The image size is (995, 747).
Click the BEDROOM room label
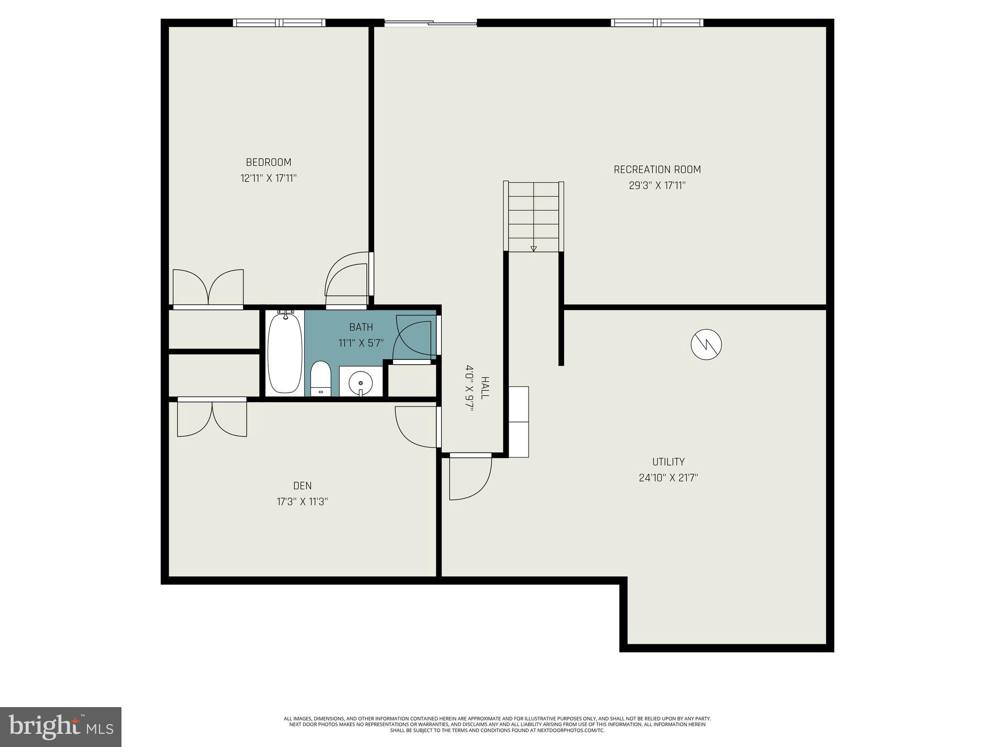tap(268, 162)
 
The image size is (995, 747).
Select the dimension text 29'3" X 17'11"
tap(657, 186)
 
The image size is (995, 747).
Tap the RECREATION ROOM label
tap(657, 170)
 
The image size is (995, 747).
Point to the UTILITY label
tap(668, 462)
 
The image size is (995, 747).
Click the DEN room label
tap(302, 485)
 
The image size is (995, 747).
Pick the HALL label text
tap(485, 388)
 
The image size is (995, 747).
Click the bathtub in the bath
tap(285, 353)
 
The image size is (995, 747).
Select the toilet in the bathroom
tap(320, 378)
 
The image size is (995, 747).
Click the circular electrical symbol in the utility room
tap(706, 345)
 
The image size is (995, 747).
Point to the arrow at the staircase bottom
tap(533, 249)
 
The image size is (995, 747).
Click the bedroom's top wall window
tap(279, 23)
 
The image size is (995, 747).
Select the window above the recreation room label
tap(657, 23)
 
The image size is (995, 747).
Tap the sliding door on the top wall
tap(430, 22)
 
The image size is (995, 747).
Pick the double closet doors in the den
tap(212, 417)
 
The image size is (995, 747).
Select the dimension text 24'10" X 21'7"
tap(668, 478)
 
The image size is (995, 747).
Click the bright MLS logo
tap(60, 727)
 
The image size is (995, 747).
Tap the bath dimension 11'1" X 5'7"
tap(361, 343)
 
